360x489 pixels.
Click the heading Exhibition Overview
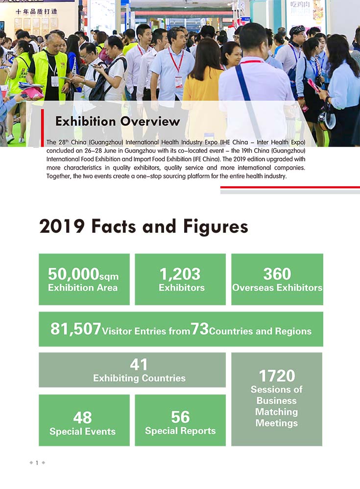(118, 121)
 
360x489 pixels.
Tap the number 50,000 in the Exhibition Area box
(73, 274)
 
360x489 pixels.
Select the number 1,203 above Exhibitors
(180, 274)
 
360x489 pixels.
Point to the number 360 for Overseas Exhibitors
(277, 274)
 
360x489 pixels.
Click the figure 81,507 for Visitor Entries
(75, 329)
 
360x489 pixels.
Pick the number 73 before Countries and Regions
(199, 329)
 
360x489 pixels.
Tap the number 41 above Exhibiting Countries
(139, 365)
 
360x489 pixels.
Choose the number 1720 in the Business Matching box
(277, 376)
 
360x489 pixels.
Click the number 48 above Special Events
(82, 417)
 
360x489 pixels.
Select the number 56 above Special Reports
(180, 417)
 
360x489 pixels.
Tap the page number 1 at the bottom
(37, 463)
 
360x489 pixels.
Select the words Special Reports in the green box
(180, 431)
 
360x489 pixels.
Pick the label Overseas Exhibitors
(277, 288)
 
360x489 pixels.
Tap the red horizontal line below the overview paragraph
(290, 187)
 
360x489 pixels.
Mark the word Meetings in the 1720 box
(277, 423)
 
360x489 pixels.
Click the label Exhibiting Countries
(139, 378)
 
